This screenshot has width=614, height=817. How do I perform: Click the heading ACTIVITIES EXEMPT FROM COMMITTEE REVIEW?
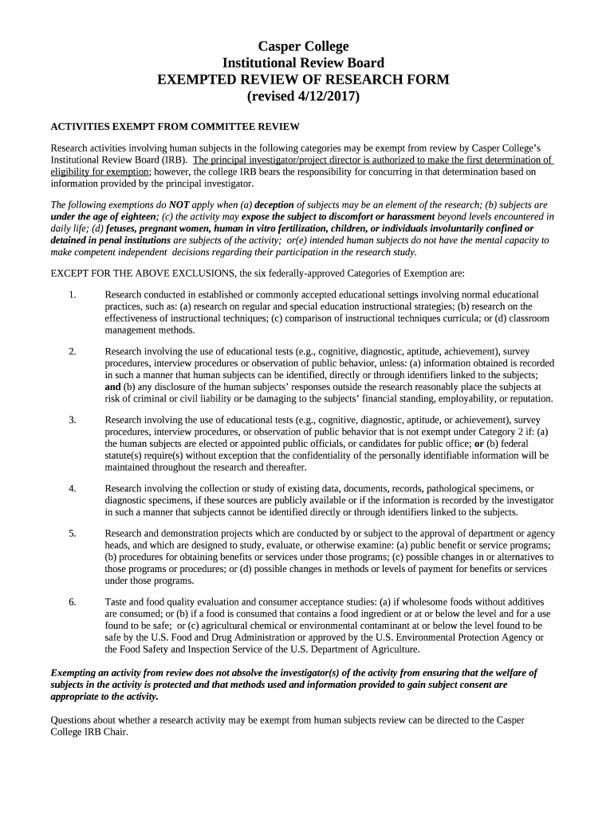[175, 127]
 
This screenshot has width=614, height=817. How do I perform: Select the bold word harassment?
[407, 217]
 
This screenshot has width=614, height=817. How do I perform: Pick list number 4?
[73, 488]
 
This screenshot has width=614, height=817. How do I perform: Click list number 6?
[73, 602]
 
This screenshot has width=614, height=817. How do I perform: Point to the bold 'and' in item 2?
[112, 387]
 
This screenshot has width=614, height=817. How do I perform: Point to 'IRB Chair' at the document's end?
[105, 732]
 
